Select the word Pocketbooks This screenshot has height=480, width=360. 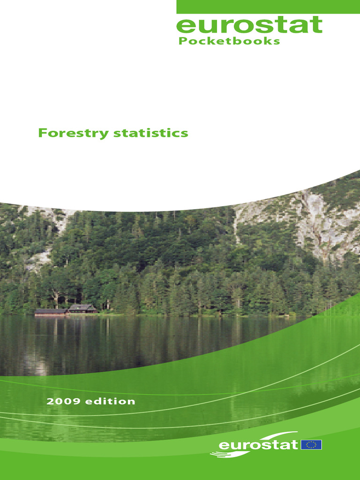tap(229, 41)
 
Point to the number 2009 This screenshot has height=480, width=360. tap(62, 401)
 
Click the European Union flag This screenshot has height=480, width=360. tap(311, 444)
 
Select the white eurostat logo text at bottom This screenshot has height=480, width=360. tap(258, 444)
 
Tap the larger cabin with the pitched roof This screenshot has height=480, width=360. tap(82, 308)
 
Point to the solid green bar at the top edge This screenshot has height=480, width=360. tap(268, 7)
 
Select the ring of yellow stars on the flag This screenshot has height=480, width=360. tap(311, 444)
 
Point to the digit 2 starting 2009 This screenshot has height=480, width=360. tap(50, 401)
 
